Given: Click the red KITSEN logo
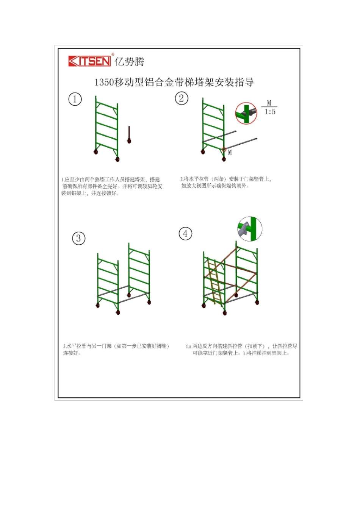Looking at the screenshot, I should tap(89, 61).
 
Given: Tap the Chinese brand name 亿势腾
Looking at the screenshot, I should tap(130, 61).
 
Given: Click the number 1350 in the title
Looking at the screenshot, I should tap(104, 82).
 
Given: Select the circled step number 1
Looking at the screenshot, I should tap(75, 100).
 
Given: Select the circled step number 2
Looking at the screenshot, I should tap(182, 98).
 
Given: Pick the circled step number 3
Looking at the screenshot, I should tap(78, 238).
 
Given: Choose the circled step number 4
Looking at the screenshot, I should tap(185, 234).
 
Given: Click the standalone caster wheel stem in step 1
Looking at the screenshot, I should tap(129, 135).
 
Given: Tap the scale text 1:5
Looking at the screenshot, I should tap(270, 112).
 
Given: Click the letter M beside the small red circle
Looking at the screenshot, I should tap(230, 153).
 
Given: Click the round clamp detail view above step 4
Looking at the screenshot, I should tap(250, 229).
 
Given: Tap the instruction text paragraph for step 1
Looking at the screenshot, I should tap(112, 186).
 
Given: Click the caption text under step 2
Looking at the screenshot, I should tap(226, 182).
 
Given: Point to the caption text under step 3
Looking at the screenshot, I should tap(116, 349).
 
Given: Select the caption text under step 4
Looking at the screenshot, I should tap(241, 349).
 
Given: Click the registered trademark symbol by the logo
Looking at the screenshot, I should tap(113, 55).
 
